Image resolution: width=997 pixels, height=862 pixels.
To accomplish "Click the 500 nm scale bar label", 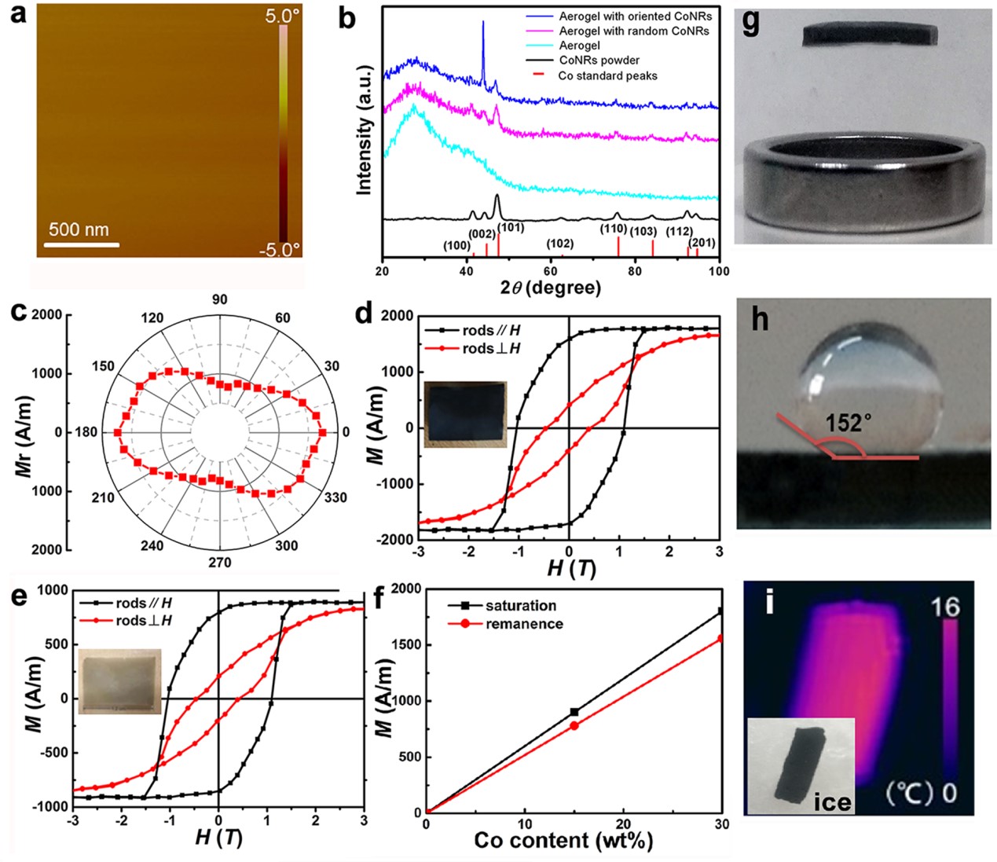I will (79, 230).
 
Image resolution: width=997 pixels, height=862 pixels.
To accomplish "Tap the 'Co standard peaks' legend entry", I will (607, 76).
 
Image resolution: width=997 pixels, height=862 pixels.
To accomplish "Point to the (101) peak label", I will (511, 228).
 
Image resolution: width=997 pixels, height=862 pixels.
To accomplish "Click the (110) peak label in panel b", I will (613, 229).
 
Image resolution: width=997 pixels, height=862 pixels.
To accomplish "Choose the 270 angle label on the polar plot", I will (219, 563).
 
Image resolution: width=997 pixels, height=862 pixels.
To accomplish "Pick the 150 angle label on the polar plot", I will (103, 366).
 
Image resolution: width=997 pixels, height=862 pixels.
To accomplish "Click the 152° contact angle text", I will (848, 424).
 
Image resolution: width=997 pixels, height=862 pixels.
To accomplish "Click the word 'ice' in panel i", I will (832, 801).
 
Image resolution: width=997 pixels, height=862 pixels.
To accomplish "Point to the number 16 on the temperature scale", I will (945, 607).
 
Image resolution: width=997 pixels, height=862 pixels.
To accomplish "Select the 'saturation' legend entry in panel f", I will (520, 606).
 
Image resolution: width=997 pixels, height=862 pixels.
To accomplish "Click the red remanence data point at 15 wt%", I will (574, 726).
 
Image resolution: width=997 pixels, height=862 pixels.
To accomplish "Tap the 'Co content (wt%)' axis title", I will (563, 841).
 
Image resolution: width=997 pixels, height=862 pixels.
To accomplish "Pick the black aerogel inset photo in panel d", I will (465, 413).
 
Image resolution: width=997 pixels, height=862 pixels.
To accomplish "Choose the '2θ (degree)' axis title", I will (550, 288).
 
